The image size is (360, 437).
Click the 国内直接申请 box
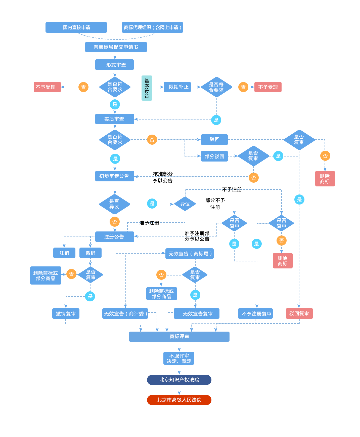tap(76, 27)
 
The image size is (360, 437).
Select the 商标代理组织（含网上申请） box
tap(152, 27)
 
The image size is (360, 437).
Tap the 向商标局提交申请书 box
tap(116, 47)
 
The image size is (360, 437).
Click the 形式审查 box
tap(114, 65)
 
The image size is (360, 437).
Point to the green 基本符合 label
tap(147, 88)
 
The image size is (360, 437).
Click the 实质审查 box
tap(114, 119)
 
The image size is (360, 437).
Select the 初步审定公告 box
tap(114, 176)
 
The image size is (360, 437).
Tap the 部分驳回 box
tap(214, 156)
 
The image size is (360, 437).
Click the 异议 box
tap(185, 204)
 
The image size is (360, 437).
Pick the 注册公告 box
tap(115, 237)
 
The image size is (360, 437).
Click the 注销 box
tap(64, 253)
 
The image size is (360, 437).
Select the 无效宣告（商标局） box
tap(190, 254)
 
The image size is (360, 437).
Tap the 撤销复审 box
tap(66, 314)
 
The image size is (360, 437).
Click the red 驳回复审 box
tap(299, 313)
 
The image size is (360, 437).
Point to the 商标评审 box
tap(179, 337)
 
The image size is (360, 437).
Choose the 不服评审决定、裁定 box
tap(178, 358)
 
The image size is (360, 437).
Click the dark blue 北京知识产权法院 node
tap(179, 380)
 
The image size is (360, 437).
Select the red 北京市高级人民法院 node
tap(179, 400)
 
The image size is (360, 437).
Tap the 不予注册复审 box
tap(255, 314)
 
